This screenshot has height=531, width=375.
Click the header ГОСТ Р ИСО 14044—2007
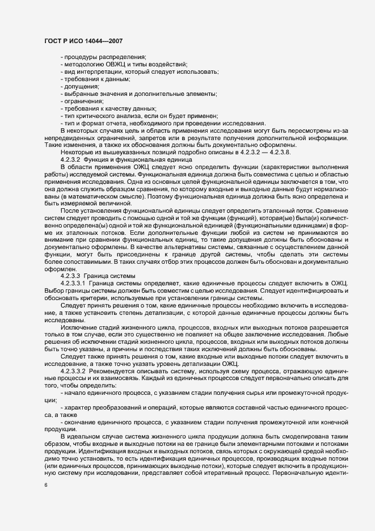point(82,41)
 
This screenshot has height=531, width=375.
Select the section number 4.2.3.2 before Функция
point(72,160)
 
